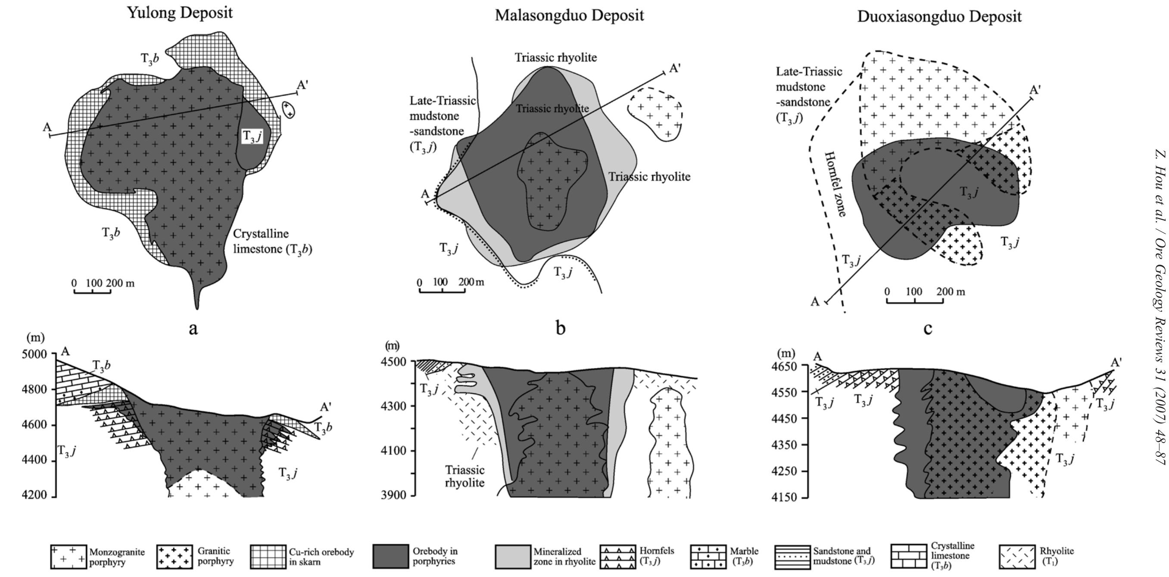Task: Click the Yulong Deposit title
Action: pyautogui.click(x=180, y=12)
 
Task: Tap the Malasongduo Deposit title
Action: pyautogui.click(x=569, y=16)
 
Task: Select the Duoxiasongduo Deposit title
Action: pyautogui.click(x=939, y=17)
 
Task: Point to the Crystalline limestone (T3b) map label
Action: pyautogui.click(x=272, y=241)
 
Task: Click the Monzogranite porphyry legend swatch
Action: pyautogui.click(x=68, y=557)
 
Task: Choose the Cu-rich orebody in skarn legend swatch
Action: pyautogui.click(x=268, y=557)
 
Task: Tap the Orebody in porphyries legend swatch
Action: pyautogui.click(x=391, y=557)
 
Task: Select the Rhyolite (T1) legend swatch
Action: pyautogui.click(x=1017, y=557)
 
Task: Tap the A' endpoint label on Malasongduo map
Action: pyautogui.click(x=675, y=69)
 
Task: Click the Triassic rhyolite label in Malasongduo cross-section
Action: pyautogui.click(x=464, y=476)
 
